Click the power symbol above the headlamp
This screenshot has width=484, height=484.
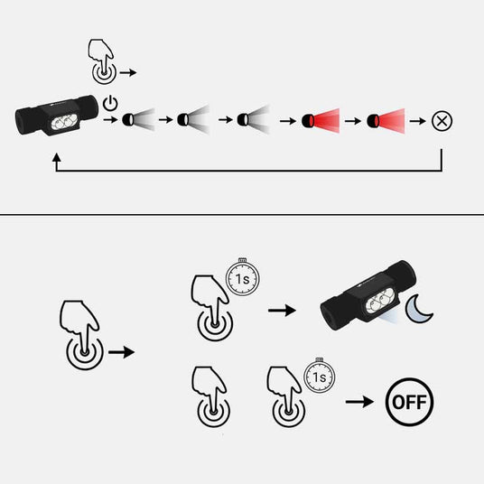(110, 103)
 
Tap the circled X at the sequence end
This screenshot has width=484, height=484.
(442, 121)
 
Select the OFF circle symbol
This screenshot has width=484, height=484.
(410, 402)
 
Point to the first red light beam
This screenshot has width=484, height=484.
(321, 120)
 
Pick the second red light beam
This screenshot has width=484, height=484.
(386, 120)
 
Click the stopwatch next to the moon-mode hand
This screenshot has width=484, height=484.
(242, 277)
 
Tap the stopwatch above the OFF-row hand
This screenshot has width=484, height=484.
(320, 376)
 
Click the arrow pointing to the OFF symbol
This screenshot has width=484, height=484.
(359, 402)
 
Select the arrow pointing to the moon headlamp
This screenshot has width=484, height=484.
(282, 311)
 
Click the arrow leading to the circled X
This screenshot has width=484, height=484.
(418, 121)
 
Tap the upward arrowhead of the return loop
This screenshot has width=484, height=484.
(57, 157)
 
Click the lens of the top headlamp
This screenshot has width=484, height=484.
(64, 122)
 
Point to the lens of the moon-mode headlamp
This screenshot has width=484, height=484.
(379, 303)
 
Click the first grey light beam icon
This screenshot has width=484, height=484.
(138, 120)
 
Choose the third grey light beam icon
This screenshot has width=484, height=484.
(254, 120)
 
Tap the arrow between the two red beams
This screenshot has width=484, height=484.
(353, 121)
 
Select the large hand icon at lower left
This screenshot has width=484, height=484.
(82, 335)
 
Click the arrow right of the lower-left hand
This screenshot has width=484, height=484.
(122, 352)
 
